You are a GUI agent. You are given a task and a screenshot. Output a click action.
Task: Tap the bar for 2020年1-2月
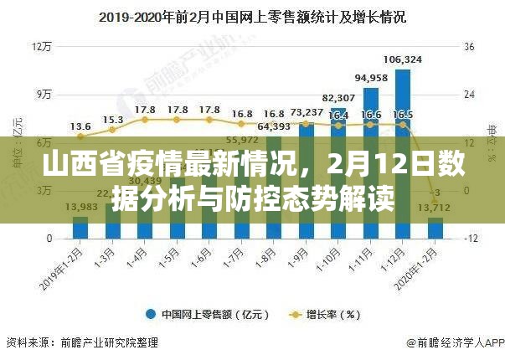pyautogui.click(x=435, y=228)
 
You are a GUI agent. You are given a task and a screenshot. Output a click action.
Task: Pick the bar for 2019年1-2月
pyautogui.click(x=80, y=228)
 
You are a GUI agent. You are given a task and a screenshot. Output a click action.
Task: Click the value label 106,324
pyautogui.click(x=402, y=59)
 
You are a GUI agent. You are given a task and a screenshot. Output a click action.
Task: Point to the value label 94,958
pyautogui.click(x=370, y=78)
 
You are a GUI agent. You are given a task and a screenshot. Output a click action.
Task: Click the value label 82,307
pyautogui.click(x=338, y=98)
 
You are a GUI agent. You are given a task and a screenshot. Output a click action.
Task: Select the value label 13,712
pyautogui.click(x=435, y=208)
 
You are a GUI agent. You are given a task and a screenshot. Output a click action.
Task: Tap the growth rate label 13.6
pyautogui.click(x=80, y=126)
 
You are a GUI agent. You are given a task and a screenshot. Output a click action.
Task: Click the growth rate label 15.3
pyautogui.click(x=113, y=120)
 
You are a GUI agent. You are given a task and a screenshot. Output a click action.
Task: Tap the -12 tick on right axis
pyautogui.click(x=472, y=239)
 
